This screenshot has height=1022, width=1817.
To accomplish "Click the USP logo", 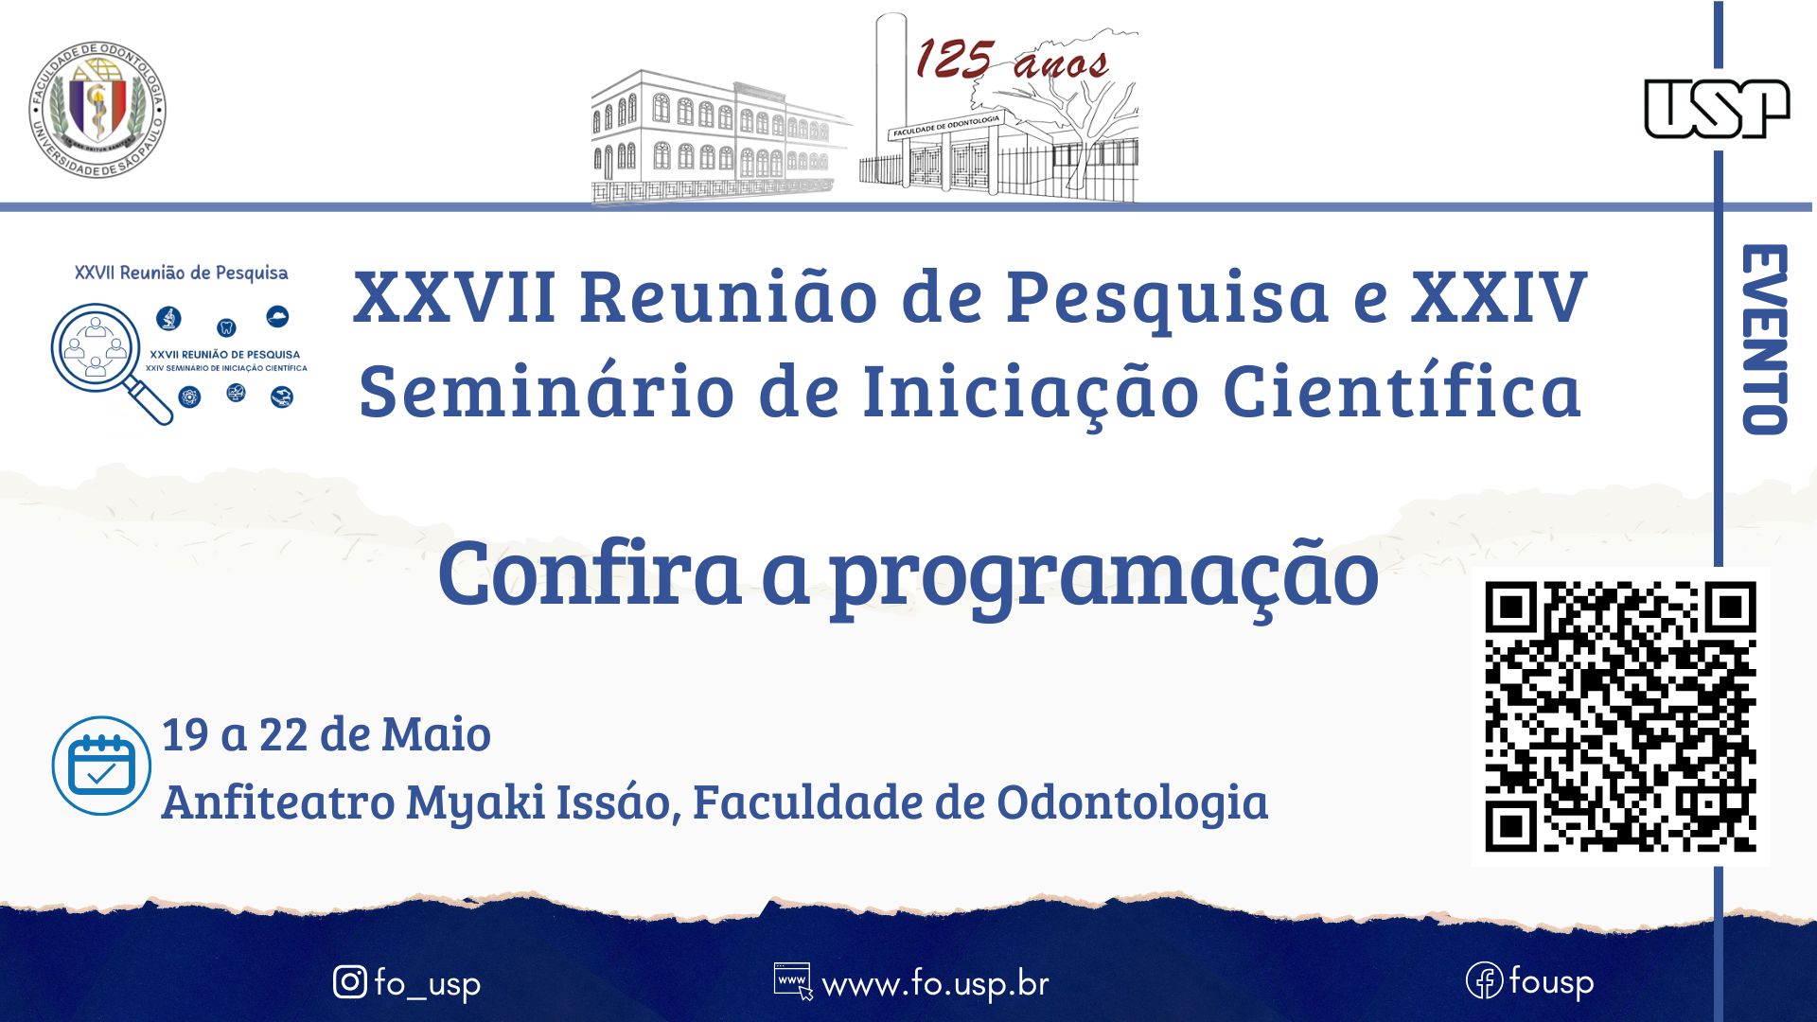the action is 1717,108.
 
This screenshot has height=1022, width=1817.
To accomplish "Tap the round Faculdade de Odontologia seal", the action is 97,109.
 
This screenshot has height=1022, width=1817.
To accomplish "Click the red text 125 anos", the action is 1011,61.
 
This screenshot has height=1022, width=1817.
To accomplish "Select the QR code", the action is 1620,716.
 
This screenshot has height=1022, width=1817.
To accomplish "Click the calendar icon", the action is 101,766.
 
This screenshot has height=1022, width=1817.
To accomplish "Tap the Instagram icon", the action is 350,982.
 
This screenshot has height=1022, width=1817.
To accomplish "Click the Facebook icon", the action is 1483,981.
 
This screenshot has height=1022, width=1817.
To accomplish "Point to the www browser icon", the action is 793,981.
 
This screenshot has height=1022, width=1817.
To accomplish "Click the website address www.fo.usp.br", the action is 935,984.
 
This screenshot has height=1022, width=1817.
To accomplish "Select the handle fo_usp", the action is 427,984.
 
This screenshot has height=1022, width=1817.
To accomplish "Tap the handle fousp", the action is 1551,982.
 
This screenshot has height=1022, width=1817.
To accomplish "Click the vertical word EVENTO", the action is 1764,339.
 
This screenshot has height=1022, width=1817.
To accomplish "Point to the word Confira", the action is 589,573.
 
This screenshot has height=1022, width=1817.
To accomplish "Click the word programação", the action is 1104,577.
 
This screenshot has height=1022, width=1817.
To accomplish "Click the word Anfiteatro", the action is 278,802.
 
